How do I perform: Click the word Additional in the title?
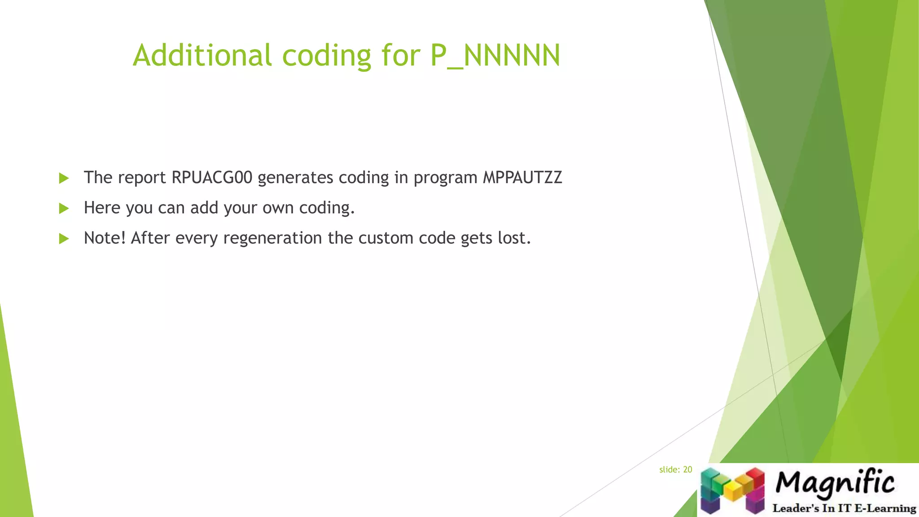pyautogui.click(x=202, y=55)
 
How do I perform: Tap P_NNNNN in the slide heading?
pyautogui.click(x=495, y=55)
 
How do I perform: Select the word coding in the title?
pyautogui.click(x=326, y=55)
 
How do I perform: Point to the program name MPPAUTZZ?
pyautogui.click(x=522, y=178)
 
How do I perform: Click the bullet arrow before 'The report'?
pyautogui.click(x=64, y=178)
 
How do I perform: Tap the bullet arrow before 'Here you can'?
pyautogui.click(x=64, y=208)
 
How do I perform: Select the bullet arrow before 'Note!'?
pyautogui.click(x=64, y=238)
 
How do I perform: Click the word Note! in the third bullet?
pyautogui.click(x=105, y=238)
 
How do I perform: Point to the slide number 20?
pyautogui.click(x=687, y=469)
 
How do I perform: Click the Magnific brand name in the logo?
pyautogui.click(x=835, y=482)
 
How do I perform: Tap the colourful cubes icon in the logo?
pyautogui.click(x=732, y=490)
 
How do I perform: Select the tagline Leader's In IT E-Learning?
pyautogui.click(x=844, y=508)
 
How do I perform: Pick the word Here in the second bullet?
pyautogui.click(x=102, y=208)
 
